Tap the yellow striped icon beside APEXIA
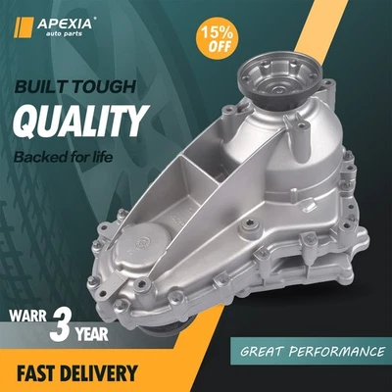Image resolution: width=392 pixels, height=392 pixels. coord(22,24)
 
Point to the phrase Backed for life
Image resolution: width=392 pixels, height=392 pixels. coord(79,156)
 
